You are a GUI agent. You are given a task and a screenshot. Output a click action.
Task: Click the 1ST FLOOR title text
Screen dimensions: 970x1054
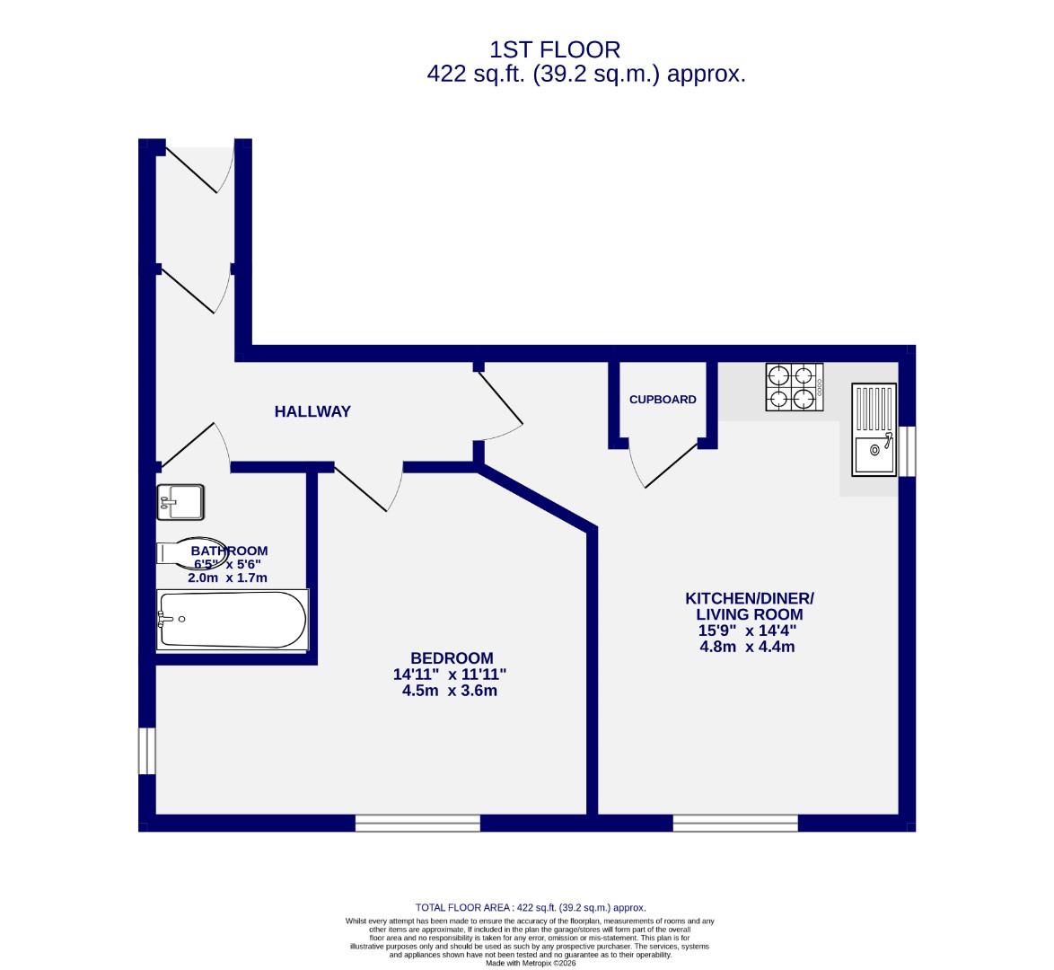(554, 49)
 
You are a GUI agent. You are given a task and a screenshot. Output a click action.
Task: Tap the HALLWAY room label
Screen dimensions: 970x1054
(312, 412)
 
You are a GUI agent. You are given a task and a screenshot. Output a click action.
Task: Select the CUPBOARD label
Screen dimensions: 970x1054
(663, 400)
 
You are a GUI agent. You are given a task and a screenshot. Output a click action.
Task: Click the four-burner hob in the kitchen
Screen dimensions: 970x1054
(795, 387)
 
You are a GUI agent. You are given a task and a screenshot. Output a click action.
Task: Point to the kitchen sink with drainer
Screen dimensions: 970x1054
(874, 429)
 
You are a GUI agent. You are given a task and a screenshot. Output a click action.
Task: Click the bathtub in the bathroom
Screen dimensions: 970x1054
(233, 620)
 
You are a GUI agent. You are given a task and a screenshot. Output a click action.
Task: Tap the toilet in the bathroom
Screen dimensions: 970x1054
(189, 551)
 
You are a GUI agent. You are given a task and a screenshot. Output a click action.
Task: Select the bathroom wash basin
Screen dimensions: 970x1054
(180, 502)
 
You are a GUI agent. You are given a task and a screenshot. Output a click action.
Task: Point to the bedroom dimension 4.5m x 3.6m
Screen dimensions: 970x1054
(451, 691)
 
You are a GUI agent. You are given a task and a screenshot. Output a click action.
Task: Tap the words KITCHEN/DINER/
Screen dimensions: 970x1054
(750, 598)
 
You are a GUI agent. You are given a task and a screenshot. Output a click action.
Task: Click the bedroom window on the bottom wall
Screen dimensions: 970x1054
(417, 823)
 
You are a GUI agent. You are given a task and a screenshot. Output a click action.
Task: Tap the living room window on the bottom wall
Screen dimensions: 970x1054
(735, 823)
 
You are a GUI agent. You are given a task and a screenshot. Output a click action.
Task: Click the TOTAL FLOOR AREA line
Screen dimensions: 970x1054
(531, 908)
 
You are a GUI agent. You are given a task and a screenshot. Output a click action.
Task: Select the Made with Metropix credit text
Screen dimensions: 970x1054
(530, 964)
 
